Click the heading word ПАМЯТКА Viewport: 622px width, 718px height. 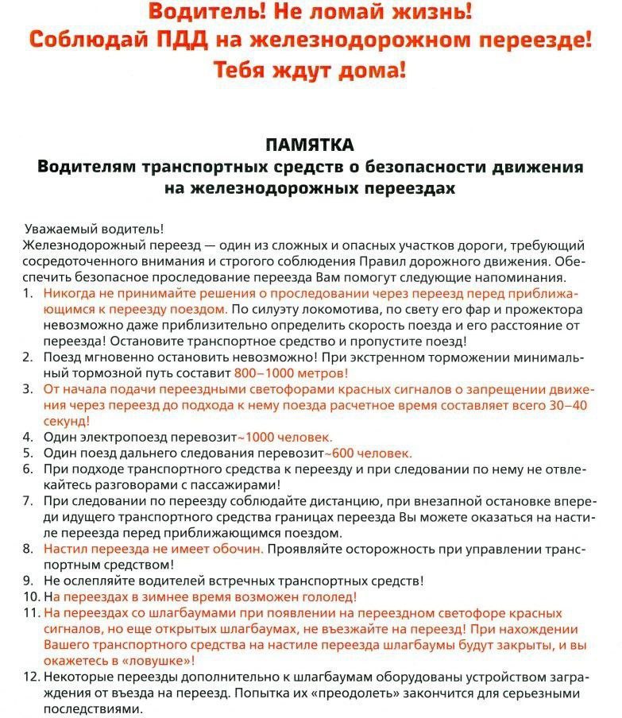(310, 145)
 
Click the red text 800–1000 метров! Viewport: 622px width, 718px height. (292, 373)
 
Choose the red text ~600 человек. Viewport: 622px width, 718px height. (368, 453)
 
